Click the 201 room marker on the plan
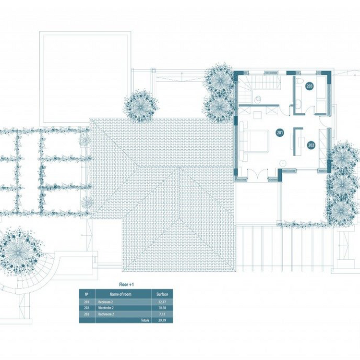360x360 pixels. click(x=279, y=133)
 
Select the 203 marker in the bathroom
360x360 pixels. click(x=309, y=86)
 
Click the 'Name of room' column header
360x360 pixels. click(x=120, y=294)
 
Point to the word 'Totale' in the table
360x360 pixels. click(x=144, y=320)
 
